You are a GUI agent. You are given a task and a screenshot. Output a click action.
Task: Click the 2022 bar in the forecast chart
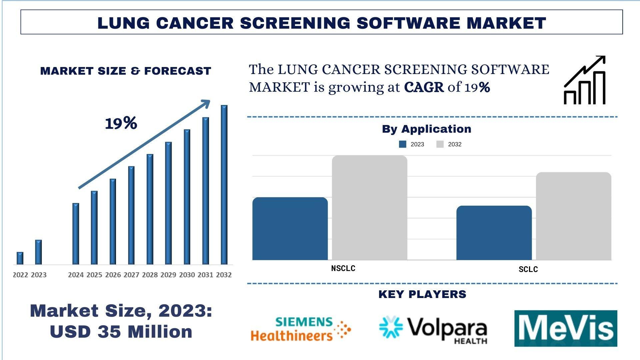point(20,258)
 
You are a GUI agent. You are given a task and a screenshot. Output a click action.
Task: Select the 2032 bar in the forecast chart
point(224,185)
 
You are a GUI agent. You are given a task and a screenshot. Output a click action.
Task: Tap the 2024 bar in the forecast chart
point(76,234)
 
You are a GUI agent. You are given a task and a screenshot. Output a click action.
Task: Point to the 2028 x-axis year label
point(150,275)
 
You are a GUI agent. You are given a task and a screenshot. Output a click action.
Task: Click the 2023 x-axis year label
point(39,275)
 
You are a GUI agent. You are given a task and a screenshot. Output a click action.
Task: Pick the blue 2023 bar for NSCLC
point(290,229)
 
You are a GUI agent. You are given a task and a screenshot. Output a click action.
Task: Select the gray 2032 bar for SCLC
point(573,216)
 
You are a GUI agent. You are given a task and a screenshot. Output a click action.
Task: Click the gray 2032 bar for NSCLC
point(369,208)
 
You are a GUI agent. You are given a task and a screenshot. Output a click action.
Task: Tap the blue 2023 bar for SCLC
point(494,233)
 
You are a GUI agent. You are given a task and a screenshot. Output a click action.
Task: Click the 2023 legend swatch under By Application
point(403,144)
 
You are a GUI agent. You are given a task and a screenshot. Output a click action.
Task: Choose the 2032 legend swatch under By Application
point(440,144)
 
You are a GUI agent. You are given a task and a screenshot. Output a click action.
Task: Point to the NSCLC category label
point(343,268)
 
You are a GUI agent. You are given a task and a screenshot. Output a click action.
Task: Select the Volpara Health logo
point(433,329)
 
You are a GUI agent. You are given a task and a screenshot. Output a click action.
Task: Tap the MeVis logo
point(565,329)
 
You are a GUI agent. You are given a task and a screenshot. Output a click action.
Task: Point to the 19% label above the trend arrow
point(121,123)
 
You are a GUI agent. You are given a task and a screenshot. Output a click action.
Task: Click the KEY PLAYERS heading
point(422,294)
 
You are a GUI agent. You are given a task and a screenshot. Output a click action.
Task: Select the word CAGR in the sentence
point(424,87)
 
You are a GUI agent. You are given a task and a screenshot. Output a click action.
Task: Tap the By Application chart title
point(426,129)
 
